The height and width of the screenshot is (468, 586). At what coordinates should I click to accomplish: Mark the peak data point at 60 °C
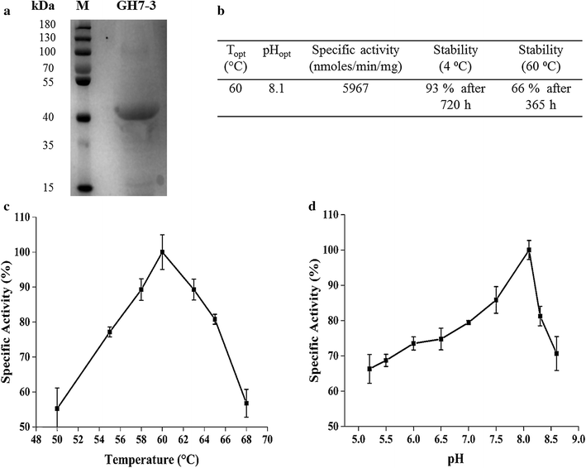(163, 252)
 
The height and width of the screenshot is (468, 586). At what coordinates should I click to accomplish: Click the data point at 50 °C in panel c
(57, 408)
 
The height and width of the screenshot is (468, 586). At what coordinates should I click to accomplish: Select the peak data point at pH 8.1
(528, 250)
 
